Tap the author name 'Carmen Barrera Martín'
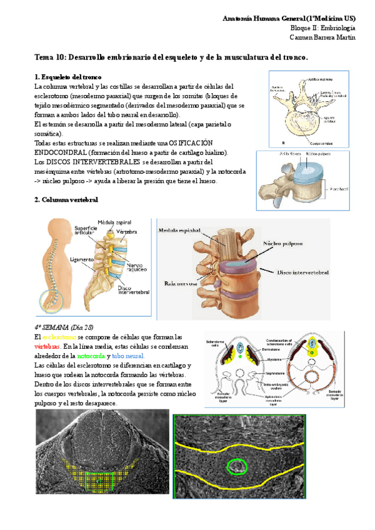323,37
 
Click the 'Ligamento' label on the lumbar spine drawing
81,258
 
